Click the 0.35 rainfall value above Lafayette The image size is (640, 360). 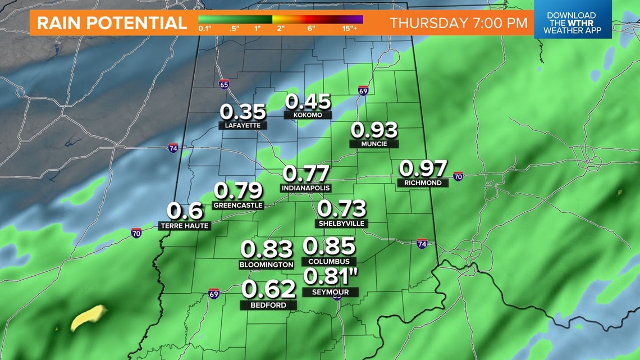243,112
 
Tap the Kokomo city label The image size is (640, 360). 308,115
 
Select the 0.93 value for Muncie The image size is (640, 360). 374,130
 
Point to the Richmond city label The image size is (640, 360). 423,183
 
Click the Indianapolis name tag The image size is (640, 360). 305,188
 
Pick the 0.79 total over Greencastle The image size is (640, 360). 237,192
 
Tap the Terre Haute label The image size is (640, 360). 185,226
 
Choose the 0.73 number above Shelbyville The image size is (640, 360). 341,209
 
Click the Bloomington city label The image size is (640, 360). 266,265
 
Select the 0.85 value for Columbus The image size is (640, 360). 329,247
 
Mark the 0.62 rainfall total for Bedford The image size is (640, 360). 268,290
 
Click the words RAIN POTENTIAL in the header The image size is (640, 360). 112,23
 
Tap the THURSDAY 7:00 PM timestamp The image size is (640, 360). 459,24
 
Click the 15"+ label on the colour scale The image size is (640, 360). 350,28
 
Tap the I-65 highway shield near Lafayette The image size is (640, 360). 224,84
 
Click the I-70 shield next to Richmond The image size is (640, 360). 458,176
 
